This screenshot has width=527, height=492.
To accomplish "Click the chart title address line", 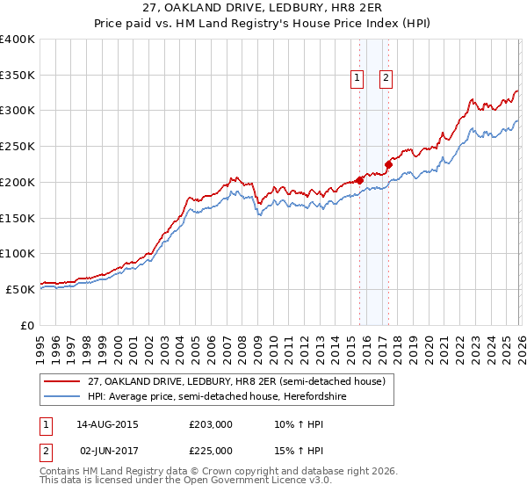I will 263,9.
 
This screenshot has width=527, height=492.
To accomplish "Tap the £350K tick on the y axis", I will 18,75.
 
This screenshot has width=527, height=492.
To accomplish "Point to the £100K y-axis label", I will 18,253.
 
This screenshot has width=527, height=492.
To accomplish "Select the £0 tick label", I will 26,324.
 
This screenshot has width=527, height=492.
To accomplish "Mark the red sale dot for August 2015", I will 359,180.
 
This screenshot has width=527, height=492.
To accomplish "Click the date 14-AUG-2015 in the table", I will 109,424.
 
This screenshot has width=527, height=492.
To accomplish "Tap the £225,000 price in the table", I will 211,450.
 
